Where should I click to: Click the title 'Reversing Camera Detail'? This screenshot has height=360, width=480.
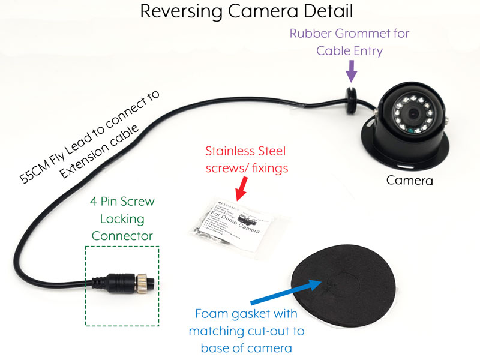tap(246, 11)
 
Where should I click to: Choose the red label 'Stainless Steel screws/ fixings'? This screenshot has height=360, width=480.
tap(247, 159)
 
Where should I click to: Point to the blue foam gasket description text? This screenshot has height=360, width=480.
tap(247, 331)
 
